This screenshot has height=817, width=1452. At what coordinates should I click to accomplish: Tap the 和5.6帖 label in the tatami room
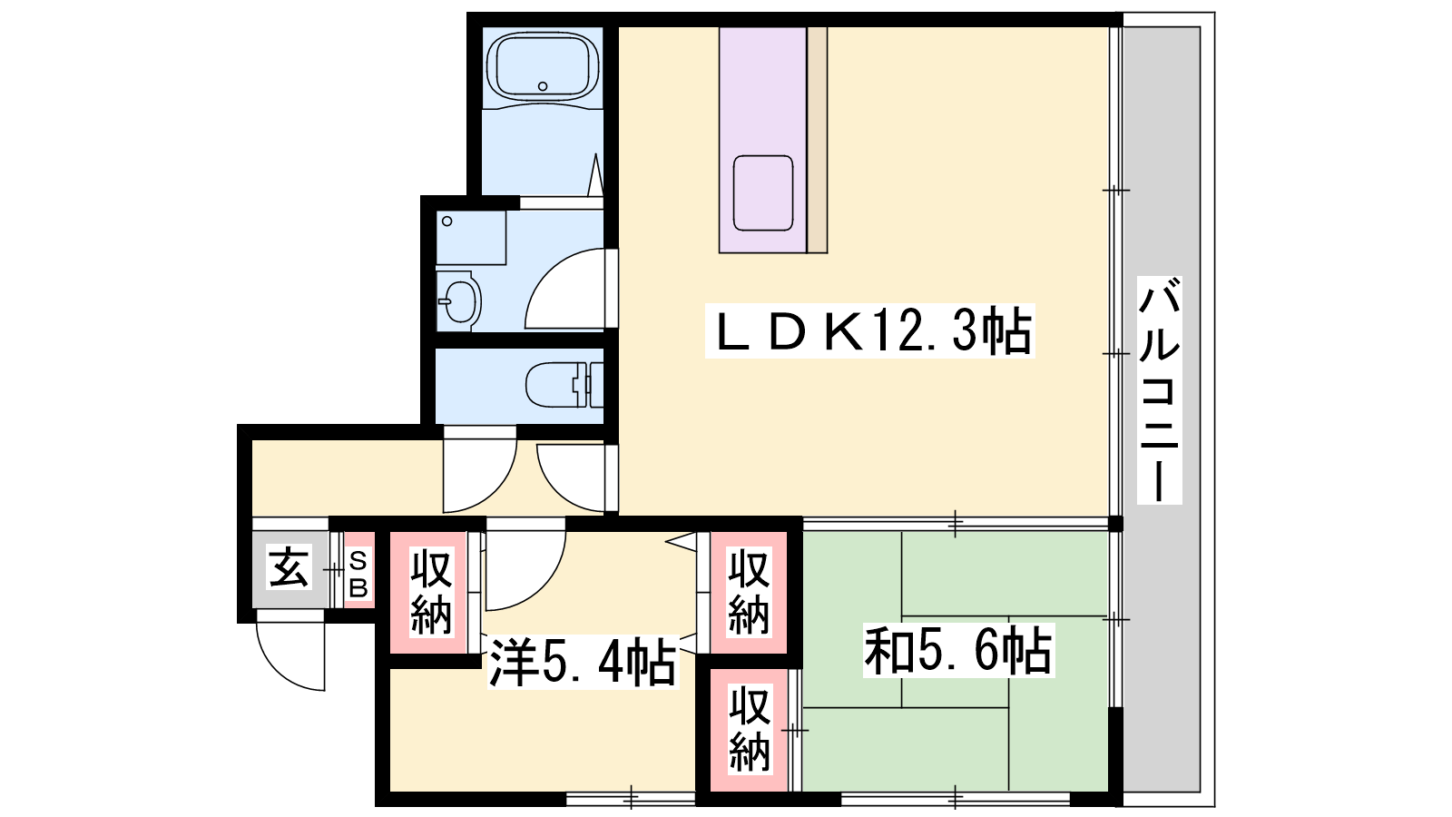pyautogui.click(x=958, y=650)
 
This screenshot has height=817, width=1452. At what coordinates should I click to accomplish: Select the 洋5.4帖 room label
pyautogui.click(x=583, y=662)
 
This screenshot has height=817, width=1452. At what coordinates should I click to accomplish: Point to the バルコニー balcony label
pyautogui.click(x=1159, y=390)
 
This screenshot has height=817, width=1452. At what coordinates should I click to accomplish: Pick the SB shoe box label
pyautogui.click(x=358, y=574)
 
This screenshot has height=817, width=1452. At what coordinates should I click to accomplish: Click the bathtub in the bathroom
pyautogui.click(x=544, y=64)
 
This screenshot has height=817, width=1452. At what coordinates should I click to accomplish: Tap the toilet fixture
pyautogui.click(x=564, y=385)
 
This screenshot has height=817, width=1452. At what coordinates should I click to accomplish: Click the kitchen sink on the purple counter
pyautogui.click(x=763, y=192)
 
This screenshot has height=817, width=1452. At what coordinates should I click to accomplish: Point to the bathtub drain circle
pyautogui.click(x=543, y=85)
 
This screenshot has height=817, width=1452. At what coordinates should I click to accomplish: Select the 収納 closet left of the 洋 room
pyautogui.click(x=430, y=591)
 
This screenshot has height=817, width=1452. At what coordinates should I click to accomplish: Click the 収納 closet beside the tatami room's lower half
pyautogui.click(x=750, y=730)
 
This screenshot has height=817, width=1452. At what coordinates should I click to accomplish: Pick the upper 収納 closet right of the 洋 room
pyautogui.click(x=750, y=591)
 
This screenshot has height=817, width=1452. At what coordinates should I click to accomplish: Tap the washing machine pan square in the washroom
pyautogui.click(x=471, y=237)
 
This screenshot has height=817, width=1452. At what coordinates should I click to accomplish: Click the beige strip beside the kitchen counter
pyautogui.click(x=818, y=140)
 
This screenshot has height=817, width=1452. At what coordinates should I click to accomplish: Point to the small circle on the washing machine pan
pyautogui.click(x=446, y=221)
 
